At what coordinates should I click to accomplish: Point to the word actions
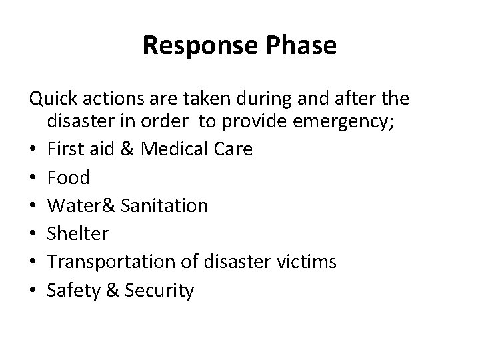point(109,100)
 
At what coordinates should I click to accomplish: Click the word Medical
point(185,149)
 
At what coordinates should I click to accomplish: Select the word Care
point(235,149)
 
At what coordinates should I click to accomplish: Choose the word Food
point(68,177)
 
